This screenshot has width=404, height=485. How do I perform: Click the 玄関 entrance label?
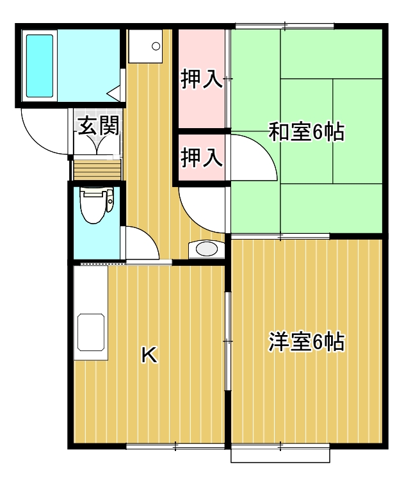97,126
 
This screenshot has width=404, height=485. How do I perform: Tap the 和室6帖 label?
306,132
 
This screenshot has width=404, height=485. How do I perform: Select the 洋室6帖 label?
306,342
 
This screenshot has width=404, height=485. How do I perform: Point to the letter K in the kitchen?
149,354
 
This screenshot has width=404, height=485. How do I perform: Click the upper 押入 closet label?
201,79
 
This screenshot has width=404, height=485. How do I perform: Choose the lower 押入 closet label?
201,157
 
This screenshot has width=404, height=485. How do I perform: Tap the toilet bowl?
93,206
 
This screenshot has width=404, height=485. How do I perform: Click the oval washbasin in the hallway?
206,249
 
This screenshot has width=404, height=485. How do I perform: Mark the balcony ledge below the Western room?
280,454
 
